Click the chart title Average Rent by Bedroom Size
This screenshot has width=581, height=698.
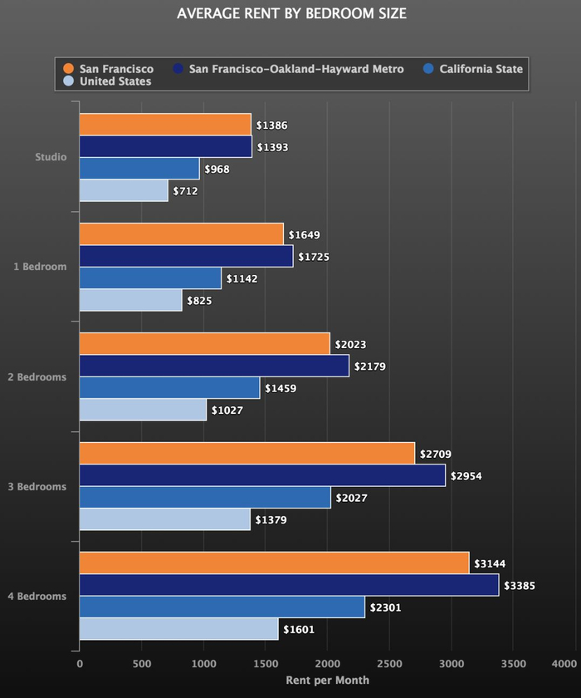[x=291, y=14]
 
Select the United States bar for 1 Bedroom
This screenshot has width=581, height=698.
[x=130, y=300]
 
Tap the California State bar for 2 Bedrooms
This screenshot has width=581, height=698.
[x=169, y=388]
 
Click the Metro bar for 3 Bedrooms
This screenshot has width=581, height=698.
[x=262, y=476]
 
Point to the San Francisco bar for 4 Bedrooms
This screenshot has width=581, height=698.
[x=274, y=563]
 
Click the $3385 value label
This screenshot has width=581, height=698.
[x=521, y=586]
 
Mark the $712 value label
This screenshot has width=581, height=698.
[x=185, y=191]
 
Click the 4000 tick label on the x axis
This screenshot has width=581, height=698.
[x=564, y=664]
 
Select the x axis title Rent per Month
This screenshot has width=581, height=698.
[x=327, y=681]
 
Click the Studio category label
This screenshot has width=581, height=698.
[x=51, y=157]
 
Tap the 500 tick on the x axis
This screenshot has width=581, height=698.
[x=141, y=664]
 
